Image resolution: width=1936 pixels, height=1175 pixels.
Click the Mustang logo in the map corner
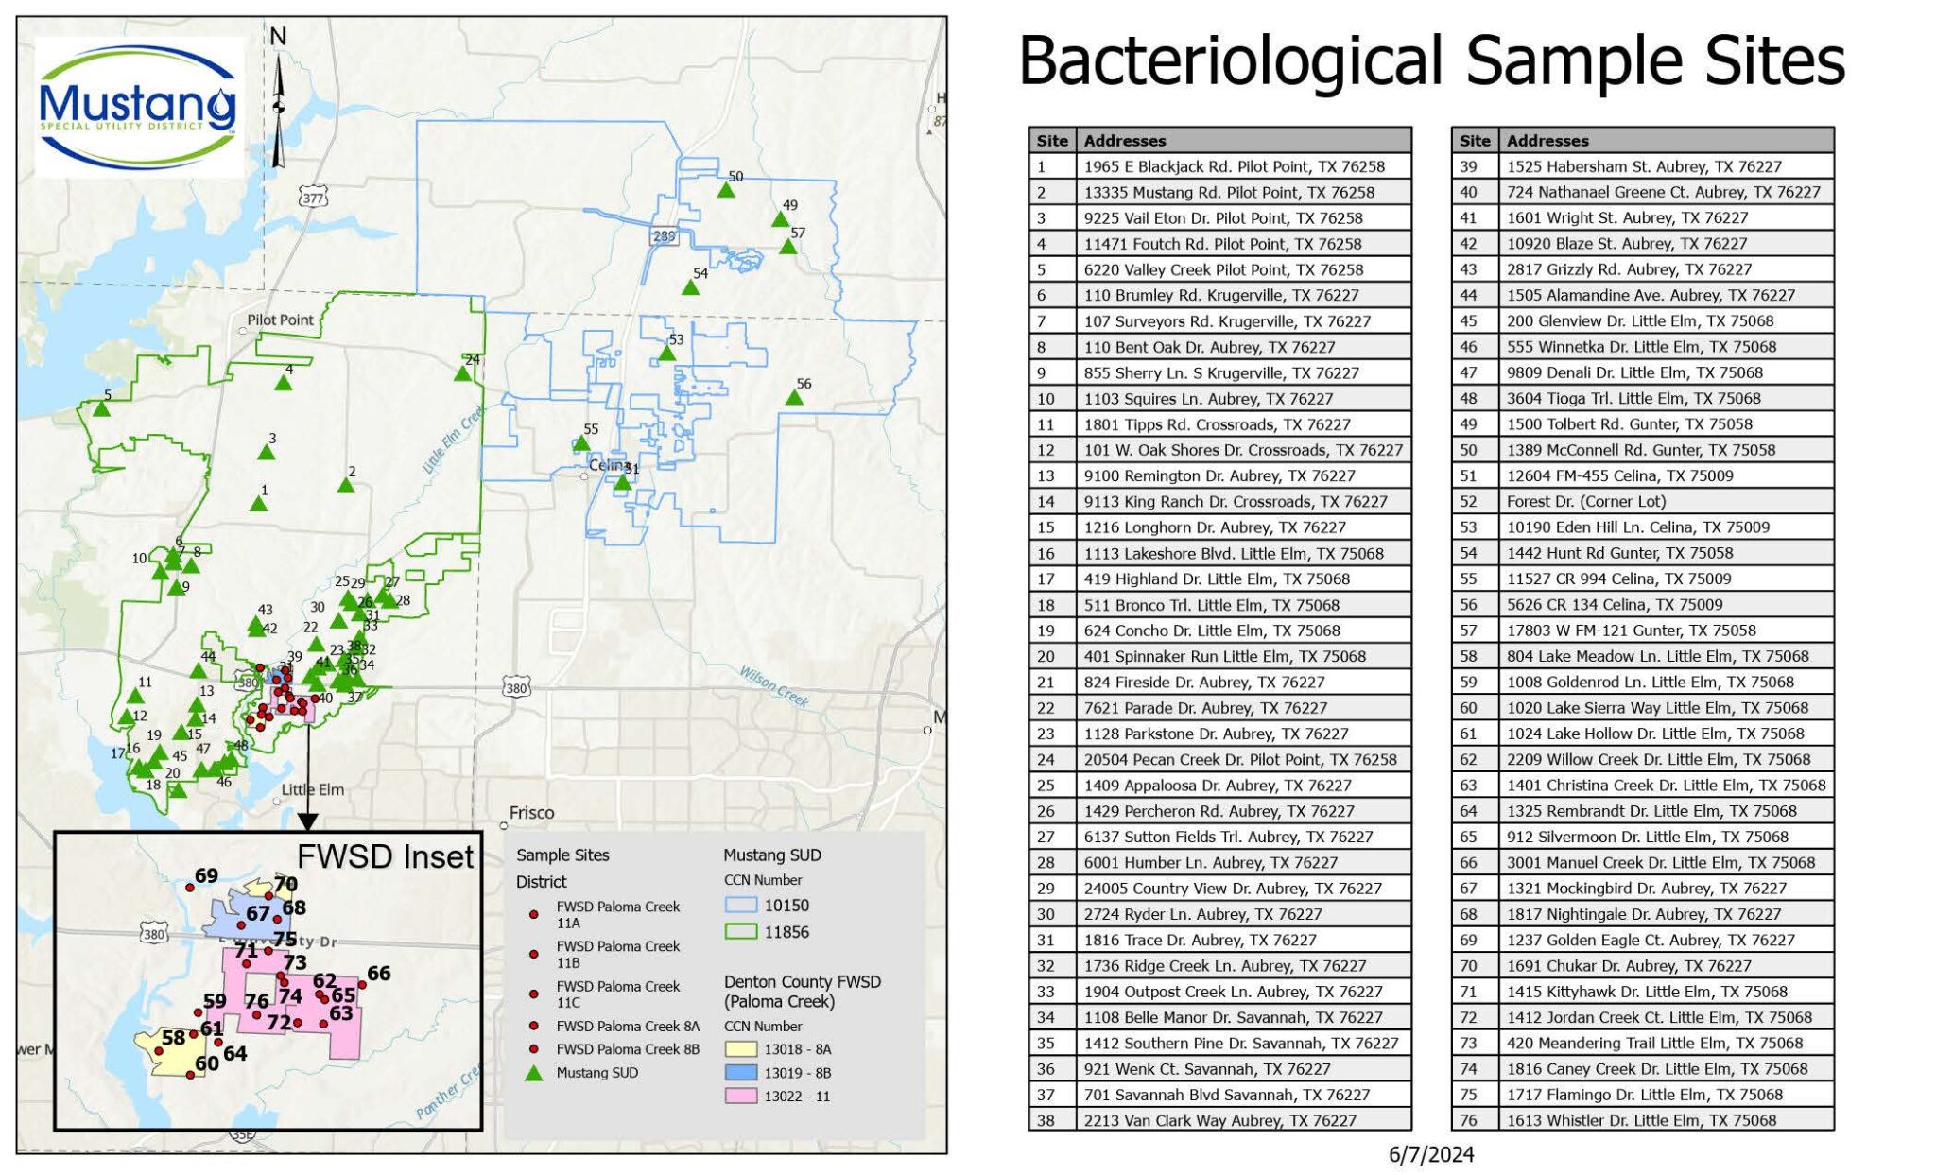[x=138, y=107]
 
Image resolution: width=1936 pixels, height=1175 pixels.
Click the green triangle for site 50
[x=725, y=190]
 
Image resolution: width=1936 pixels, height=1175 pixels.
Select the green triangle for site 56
[x=794, y=398]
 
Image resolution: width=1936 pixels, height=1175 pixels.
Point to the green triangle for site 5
[x=101, y=409]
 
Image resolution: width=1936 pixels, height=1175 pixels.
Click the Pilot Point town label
[x=280, y=320]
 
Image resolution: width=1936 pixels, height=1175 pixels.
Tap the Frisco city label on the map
[x=531, y=812]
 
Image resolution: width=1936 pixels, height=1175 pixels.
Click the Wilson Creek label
[x=773, y=685]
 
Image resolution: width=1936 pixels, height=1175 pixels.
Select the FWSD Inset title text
[x=384, y=856]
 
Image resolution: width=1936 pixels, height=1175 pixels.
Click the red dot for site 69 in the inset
[x=189, y=888]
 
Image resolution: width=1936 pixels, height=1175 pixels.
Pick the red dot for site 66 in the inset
[x=361, y=984]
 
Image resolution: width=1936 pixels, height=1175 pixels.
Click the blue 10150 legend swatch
[x=740, y=905]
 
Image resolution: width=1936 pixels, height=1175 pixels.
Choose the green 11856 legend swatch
[x=740, y=931]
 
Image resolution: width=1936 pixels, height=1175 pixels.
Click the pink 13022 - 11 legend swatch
[x=740, y=1097]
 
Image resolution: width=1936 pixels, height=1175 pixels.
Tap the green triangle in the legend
[x=534, y=1073]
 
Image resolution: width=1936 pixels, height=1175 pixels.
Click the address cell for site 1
[x=1234, y=166]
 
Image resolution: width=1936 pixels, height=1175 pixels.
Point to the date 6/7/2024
[x=1430, y=1154]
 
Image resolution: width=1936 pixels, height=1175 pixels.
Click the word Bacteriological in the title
[x=1230, y=61]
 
